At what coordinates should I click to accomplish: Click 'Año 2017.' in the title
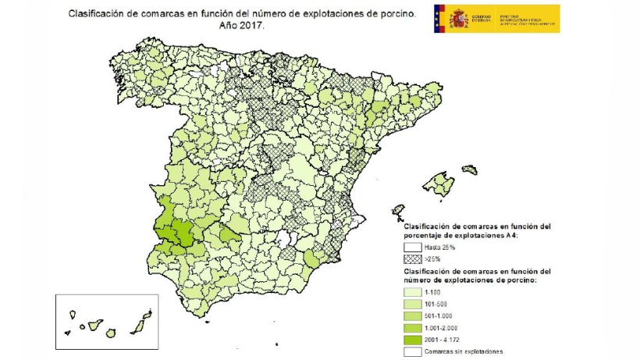tap(242, 25)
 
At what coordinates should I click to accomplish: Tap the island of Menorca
tap(469, 169)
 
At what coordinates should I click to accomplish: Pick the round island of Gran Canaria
tap(118, 331)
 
